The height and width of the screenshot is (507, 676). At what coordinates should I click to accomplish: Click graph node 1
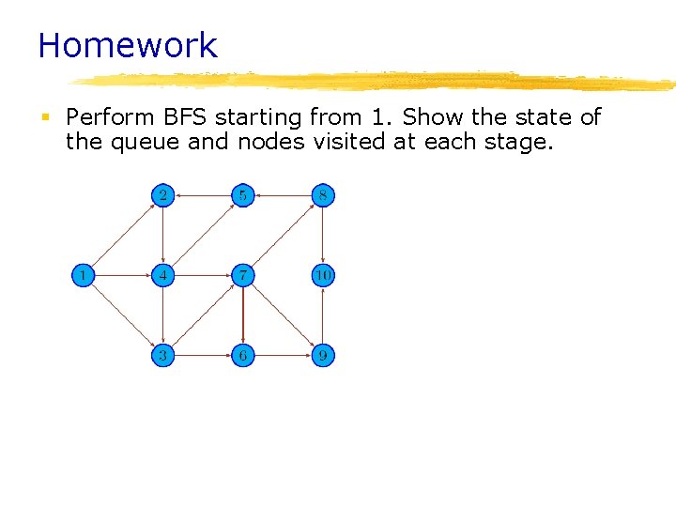click(x=84, y=276)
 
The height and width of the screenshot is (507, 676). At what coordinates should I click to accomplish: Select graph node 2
click(x=163, y=196)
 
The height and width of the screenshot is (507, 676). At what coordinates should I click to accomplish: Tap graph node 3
click(x=163, y=356)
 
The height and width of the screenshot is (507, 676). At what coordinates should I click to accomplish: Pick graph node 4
click(x=163, y=276)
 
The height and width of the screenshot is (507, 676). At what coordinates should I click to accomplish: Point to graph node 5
click(x=243, y=196)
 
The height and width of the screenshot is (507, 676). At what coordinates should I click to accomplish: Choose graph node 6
click(x=243, y=356)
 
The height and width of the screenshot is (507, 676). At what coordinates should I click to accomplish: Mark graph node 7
click(x=243, y=276)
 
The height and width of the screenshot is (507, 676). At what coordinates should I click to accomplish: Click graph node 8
click(x=323, y=196)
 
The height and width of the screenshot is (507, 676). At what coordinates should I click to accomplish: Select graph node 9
click(x=323, y=356)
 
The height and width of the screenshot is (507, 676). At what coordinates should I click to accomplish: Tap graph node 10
click(x=323, y=276)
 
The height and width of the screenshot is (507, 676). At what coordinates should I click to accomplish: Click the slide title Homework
click(x=128, y=45)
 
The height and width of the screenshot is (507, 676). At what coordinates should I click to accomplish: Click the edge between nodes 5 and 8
click(x=283, y=196)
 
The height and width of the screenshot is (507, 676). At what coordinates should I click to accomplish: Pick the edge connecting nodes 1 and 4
click(x=124, y=276)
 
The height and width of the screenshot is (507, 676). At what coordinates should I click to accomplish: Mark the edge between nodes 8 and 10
click(x=323, y=236)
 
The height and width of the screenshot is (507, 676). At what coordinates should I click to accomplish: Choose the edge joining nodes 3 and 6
click(x=203, y=356)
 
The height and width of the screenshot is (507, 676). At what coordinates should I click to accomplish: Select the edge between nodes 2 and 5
click(x=203, y=196)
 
